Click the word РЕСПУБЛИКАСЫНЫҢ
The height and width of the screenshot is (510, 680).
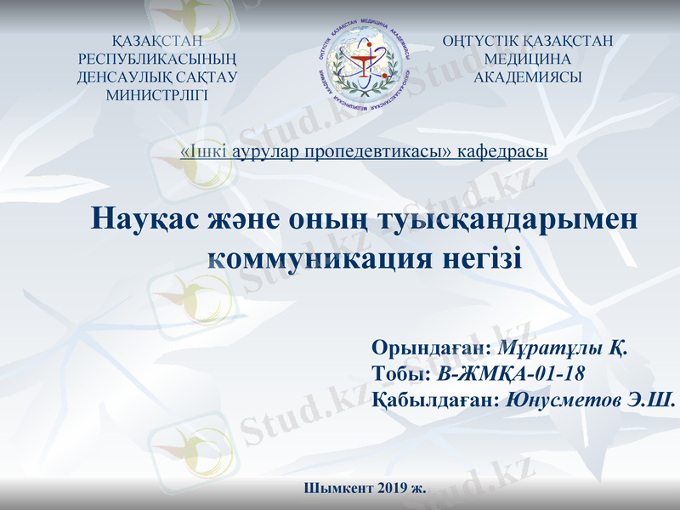pos(157,59)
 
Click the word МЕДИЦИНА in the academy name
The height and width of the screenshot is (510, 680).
pos(527,59)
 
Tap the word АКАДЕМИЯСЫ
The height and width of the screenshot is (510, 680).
pos(527,76)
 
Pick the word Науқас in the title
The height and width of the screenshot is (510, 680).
pos(144,219)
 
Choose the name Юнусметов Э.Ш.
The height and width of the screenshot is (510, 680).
pos(590,399)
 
